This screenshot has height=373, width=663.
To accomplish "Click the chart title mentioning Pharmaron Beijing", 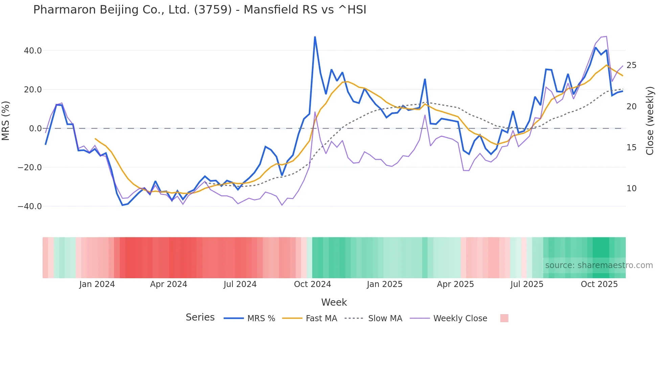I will click(x=200, y=10).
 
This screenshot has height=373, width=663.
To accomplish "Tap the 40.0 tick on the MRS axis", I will click(x=33, y=51).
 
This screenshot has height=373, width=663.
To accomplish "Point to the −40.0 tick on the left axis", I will click(x=30, y=206).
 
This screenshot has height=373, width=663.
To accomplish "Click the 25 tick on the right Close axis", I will click(x=631, y=65).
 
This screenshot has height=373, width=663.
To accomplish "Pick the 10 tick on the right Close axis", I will click(x=631, y=189).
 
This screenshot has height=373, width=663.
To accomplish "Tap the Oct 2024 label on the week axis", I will click(x=312, y=284).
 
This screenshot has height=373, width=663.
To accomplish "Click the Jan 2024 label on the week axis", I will click(x=97, y=284).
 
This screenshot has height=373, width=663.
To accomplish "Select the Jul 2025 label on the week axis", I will click(x=527, y=284).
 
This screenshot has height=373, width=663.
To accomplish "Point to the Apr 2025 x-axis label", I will click(x=455, y=284).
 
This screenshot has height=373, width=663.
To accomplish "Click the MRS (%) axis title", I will click(x=6, y=121).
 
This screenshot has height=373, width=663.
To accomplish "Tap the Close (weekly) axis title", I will click(x=649, y=121).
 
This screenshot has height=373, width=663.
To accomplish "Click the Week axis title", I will click(x=334, y=302).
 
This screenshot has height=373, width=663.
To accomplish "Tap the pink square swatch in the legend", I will click(x=504, y=318).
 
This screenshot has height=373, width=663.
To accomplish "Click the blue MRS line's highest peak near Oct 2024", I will click(x=315, y=37).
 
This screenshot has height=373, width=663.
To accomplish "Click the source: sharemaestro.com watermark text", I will click(x=599, y=265).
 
